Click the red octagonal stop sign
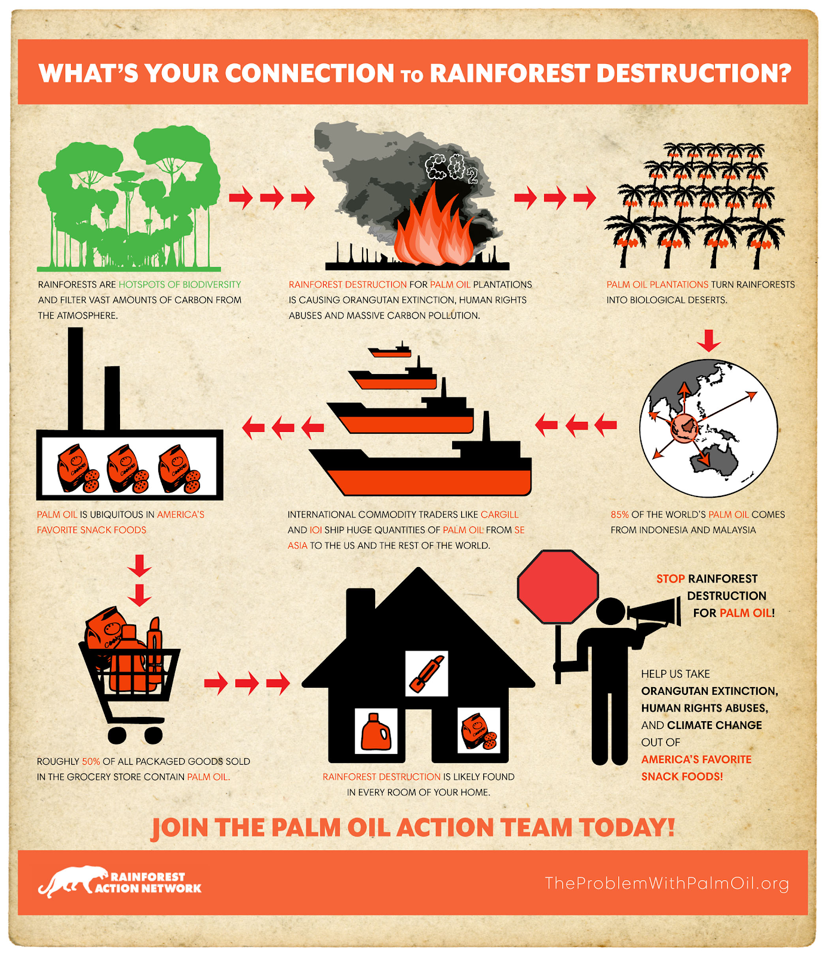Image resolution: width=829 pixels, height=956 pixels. [x=558, y=587]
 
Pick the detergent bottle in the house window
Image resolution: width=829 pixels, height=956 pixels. [x=376, y=731]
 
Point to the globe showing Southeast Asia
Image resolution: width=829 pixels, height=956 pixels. [x=708, y=428]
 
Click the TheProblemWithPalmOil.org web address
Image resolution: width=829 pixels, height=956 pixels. [x=667, y=883]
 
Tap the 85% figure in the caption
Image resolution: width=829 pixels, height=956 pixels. [x=619, y=514]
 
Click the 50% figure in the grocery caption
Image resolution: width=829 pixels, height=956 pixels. [x=91, y=761]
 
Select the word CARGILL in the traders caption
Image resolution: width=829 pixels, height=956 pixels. [x=499, y=514]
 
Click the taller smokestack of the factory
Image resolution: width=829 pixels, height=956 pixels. [x=75, y=379]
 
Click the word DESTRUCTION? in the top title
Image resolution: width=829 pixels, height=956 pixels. [x=693, y=73]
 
